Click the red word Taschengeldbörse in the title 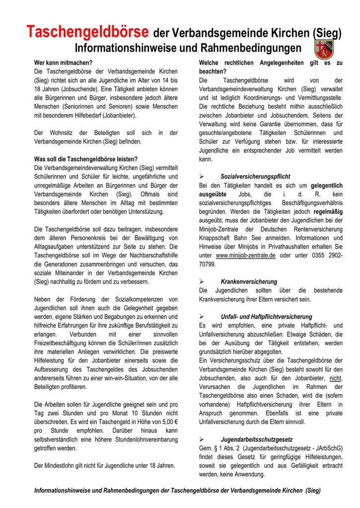(87, 33)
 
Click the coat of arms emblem (324, 49)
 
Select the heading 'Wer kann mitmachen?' (63, 63)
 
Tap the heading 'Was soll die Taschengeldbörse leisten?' (86, 159)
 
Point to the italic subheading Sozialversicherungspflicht (255, 177)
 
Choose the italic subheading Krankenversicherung (249, 282)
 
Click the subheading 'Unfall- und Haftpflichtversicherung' (266, 317)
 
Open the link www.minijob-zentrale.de (246, 255)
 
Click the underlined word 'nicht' (336, 379)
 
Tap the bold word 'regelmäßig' (328, 211)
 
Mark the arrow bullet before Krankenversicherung (202, 282)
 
